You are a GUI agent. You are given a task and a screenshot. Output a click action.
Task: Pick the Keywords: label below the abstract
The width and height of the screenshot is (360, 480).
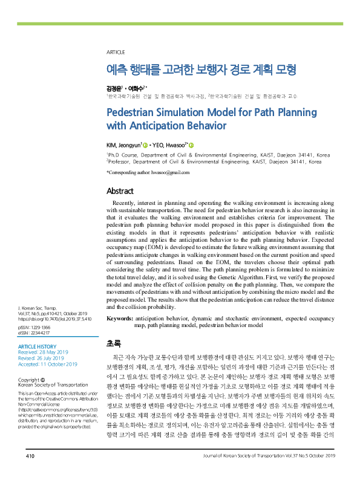[x=120, y=318]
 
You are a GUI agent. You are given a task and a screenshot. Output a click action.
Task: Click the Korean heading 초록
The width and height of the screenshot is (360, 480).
[x=113, y=343]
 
